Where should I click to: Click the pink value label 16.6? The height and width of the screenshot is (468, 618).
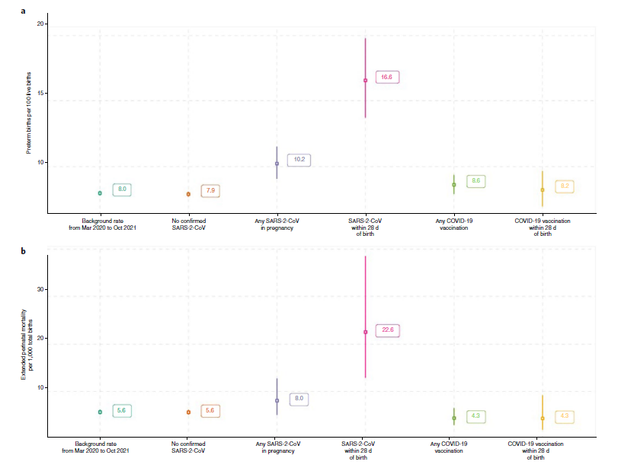[386, 77]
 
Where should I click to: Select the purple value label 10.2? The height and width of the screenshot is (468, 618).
[299, 160]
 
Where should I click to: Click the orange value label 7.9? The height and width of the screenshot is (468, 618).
[210, 191]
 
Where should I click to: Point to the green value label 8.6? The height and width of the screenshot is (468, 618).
[476, 181]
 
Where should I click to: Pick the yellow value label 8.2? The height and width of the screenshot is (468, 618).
[564, 186]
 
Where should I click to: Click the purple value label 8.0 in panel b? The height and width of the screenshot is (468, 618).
[299, 398]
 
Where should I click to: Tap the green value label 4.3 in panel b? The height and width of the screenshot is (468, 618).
[476, 416]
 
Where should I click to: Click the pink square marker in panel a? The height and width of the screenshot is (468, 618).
[366, 80]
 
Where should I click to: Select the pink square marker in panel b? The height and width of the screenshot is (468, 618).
[366, 332]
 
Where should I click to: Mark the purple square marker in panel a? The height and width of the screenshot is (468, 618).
[277, 164]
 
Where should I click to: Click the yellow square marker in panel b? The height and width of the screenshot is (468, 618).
[543, 419]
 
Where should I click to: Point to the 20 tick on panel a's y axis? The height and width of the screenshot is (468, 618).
[42, 24]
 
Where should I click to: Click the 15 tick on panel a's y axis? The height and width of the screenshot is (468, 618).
[42, 94]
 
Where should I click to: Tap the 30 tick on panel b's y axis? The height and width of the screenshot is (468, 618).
[42, 289]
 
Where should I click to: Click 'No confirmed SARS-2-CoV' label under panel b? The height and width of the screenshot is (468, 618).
[188, 447]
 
